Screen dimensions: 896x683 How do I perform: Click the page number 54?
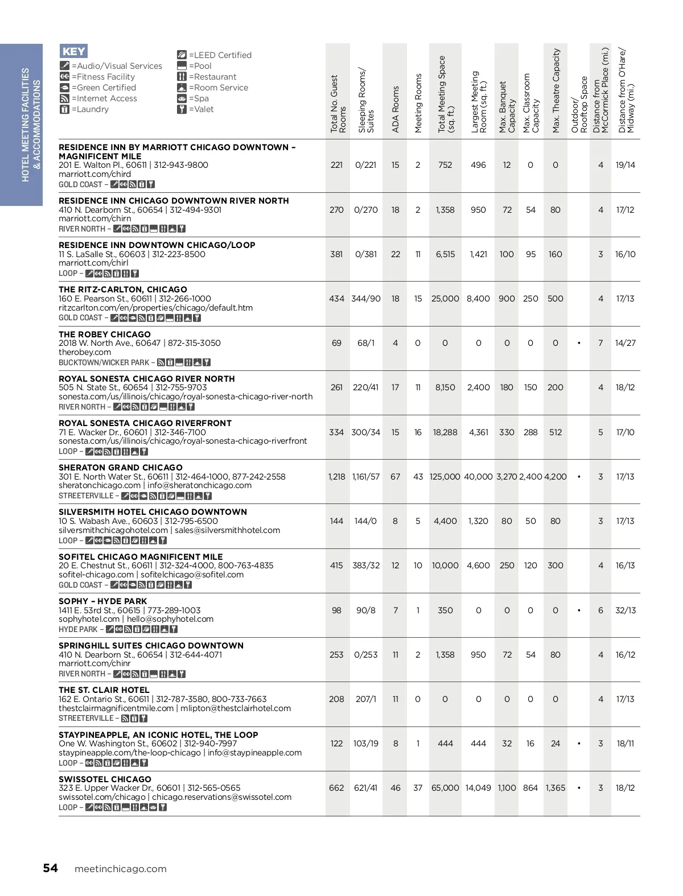click(50, 868)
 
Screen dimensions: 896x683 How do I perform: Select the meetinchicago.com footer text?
click(121, 869)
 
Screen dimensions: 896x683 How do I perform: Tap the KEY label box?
click(73, 51)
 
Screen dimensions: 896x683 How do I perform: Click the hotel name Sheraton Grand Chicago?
click(121, 468)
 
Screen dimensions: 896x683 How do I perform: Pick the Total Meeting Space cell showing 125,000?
click(445, 477)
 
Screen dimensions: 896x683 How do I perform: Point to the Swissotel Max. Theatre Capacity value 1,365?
click(556, 788)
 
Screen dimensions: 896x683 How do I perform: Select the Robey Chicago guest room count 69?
click(336, 343)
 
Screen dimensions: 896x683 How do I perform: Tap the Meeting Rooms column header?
click(418, 103)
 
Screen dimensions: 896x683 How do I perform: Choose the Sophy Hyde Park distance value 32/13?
click(625, 610)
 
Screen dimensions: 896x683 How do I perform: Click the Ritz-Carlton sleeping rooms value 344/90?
click(366, 299)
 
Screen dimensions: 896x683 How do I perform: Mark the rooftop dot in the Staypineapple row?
click(579, 744)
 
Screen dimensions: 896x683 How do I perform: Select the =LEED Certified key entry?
click(214, 55)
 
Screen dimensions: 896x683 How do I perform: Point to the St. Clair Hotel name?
click(104, 690)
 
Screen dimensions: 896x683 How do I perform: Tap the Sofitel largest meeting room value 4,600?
click(478, 565)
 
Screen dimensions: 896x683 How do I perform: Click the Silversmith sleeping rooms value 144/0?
click(366, 521)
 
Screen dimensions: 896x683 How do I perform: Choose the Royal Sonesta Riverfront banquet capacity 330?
click(507, 432)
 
